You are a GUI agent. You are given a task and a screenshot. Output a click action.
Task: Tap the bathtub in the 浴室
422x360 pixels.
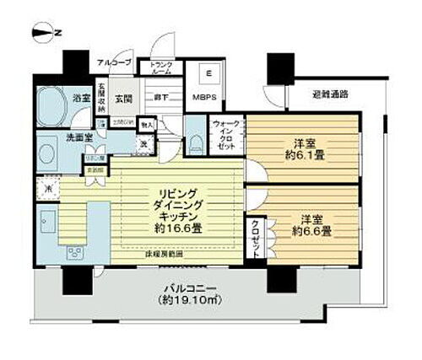point(53,108)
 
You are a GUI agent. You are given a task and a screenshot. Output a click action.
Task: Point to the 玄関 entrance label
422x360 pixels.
point(122,99)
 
